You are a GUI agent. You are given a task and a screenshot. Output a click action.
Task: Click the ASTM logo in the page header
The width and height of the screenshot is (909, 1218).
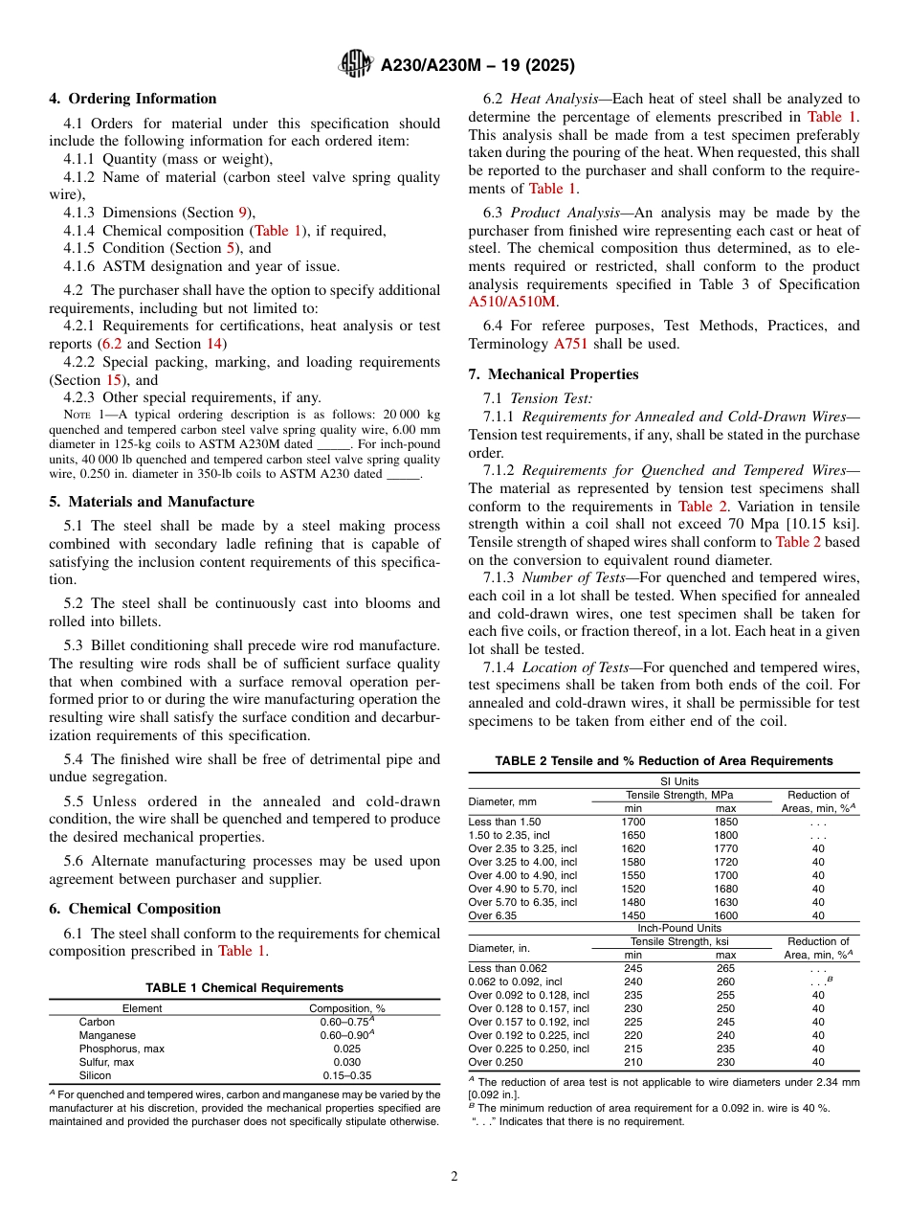(x=356, y=65)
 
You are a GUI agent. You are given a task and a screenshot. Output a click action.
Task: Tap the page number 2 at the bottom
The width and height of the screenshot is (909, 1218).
(x=454, y=1177)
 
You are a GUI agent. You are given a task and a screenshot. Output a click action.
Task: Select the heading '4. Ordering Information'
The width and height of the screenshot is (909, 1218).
(x=133, y=99)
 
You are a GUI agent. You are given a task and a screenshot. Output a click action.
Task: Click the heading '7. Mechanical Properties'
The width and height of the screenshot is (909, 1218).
(x=553, y=374)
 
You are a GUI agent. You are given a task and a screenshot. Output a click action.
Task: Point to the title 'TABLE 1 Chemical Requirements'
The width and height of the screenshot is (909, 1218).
(x=244, y=988)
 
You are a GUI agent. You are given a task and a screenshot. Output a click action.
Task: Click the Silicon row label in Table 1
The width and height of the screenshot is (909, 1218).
(x=95, y=1075)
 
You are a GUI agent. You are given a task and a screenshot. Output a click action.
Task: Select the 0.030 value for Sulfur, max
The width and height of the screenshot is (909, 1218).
(x=346, y=1062)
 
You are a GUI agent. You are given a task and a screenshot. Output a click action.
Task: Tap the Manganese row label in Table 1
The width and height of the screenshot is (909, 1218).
(x=107, y=1035)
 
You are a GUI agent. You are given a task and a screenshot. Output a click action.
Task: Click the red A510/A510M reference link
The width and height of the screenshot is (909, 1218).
(x=512, y=302)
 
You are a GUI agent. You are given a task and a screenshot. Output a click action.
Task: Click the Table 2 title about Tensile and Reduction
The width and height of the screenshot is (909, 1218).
(x=664, y=761)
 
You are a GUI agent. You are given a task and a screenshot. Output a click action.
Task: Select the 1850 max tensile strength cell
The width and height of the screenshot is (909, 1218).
(x=726, y=822)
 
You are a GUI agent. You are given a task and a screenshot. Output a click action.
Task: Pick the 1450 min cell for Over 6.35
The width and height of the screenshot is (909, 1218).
(x=633, y=915)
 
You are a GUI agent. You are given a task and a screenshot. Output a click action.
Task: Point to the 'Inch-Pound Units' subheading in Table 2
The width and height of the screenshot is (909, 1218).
(x=679, y=928)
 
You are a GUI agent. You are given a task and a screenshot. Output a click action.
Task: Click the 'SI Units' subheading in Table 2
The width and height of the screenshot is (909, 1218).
(x=679, y=781)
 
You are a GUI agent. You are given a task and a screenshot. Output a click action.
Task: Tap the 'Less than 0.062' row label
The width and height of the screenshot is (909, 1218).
(x=507, y=968)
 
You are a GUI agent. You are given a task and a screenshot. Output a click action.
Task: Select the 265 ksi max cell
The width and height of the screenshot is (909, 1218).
(x=726, y=968)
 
